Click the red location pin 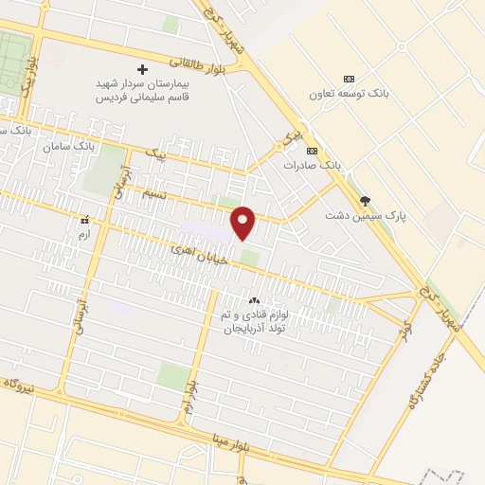point(244,221)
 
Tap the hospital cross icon point(143,69)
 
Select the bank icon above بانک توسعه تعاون point(349,79)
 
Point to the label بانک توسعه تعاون point(348,95)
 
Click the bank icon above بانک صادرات point(312,150)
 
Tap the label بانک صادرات point(311,165)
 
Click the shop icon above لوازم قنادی point(254,300)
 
